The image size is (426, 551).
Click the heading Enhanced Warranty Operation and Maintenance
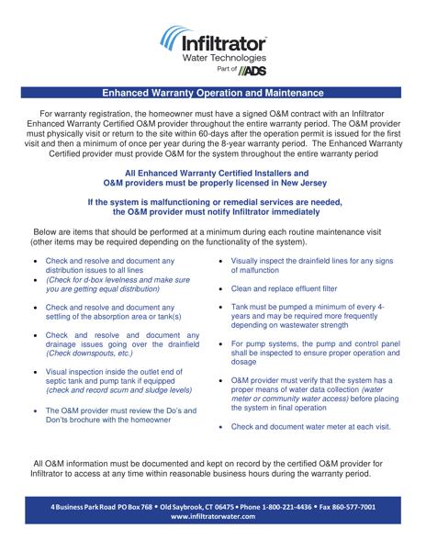[212, 93]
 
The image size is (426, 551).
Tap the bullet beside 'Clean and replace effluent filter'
[221, 288]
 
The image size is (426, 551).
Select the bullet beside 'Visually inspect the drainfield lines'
[221, 261]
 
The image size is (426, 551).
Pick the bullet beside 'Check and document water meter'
[221, 426]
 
